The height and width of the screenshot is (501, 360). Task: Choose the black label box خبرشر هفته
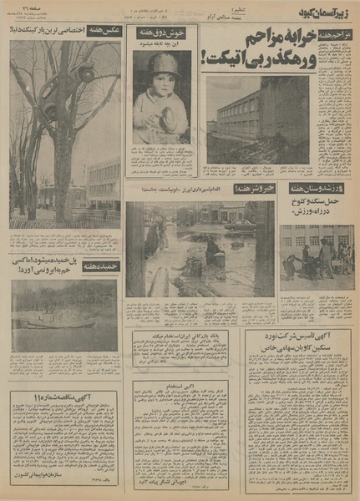tap(250, 189)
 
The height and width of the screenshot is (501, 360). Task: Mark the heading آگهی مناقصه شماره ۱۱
tap(65, 397)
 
